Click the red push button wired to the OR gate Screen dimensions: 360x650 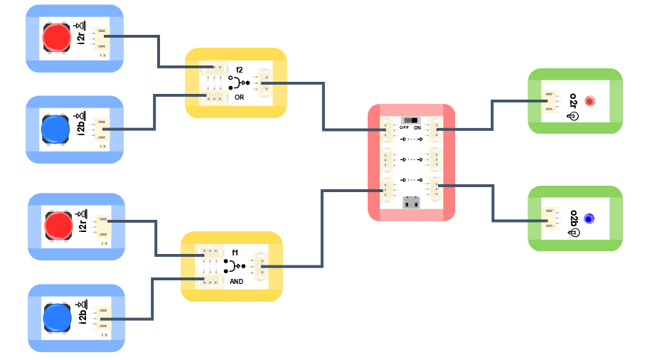56,38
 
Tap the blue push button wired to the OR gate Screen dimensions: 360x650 55,129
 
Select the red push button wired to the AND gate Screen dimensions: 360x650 58,225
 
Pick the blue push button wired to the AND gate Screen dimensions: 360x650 58,317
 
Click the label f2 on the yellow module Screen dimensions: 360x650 239,70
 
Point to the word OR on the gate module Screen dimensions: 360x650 239,97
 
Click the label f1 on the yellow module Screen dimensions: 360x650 235,253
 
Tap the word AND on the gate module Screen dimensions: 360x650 236,282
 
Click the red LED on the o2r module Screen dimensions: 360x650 590,101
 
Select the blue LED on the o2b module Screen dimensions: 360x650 589,219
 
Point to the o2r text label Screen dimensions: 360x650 574,100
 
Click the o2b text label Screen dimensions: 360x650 574,218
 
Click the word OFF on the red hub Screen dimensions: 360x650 404,127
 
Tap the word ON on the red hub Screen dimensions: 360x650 417,127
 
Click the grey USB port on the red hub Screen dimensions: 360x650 411,203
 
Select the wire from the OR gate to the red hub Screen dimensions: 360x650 324,107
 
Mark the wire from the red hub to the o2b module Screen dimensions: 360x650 492,203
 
